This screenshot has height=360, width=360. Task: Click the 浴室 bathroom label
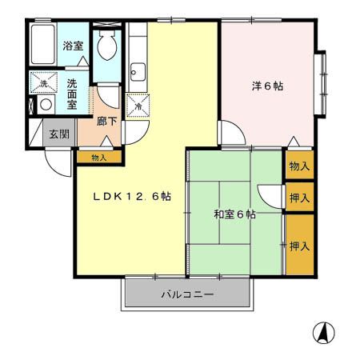point(73,46)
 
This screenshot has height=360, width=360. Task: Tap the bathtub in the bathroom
point(42,46)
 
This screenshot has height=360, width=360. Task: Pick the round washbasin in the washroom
point(46,104)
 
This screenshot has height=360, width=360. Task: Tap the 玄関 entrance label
point(59,134)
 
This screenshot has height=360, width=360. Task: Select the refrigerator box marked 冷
point(138,105)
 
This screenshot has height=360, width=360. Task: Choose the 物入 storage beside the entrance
point(98,158)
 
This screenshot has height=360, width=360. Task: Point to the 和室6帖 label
point(234,214)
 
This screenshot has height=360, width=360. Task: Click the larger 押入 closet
point(299,246)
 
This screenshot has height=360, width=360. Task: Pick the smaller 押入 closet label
point(299,197)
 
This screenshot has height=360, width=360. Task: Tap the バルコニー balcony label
point(186,294)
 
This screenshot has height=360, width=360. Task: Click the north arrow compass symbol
point(324,331)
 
